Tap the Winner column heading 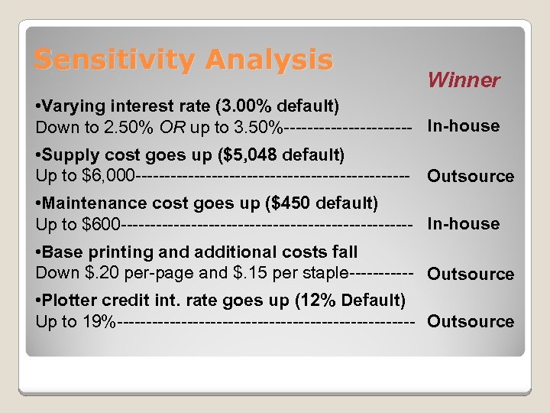tap(463, 80)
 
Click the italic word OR tap(171, 126)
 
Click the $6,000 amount tap(111, 176)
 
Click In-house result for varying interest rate tap(463, 126)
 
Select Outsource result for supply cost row tap(470, 176)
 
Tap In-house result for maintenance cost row tap(463, 224)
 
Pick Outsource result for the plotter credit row tap(470, 321)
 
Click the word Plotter tap(70, 300)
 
